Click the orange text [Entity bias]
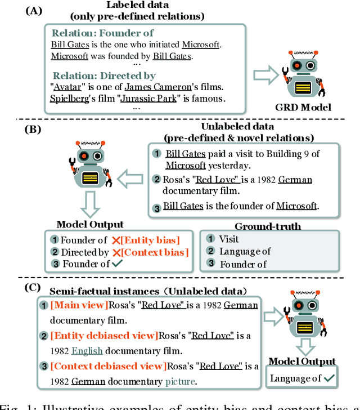(151, 240)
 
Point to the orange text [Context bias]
(155, 252)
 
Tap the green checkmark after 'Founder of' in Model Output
(118, 264)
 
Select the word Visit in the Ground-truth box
(229, 239)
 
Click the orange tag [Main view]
(78, 305)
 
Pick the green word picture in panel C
(180, 381)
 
